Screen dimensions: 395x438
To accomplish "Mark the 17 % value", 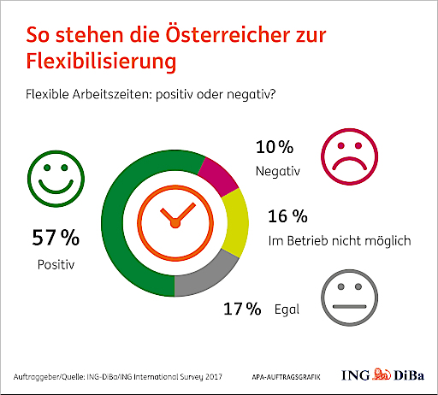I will (241, 309).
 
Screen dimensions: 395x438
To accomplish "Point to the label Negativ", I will (277, 172).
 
